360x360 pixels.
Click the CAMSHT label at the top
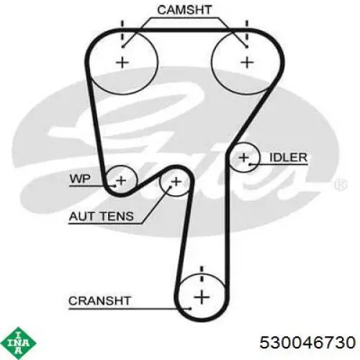184,10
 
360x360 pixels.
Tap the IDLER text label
288,158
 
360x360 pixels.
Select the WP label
80,179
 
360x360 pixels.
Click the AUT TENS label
101,216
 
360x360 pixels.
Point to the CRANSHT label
99,301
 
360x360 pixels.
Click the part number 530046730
307,342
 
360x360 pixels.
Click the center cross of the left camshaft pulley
122,63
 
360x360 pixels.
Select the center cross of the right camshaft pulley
247,63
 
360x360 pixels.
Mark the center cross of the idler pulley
244,158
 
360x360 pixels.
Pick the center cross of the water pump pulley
121,180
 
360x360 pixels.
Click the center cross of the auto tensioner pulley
176,181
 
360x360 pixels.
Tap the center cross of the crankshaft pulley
202,297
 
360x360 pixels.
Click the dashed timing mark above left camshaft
122,31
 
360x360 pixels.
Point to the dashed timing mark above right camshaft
247,31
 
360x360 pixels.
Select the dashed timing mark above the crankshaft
202,274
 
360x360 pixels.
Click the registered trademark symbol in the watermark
341,184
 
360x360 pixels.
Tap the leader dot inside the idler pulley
250,164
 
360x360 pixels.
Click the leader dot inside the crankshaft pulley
191,308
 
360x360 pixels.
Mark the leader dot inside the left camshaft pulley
123,47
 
